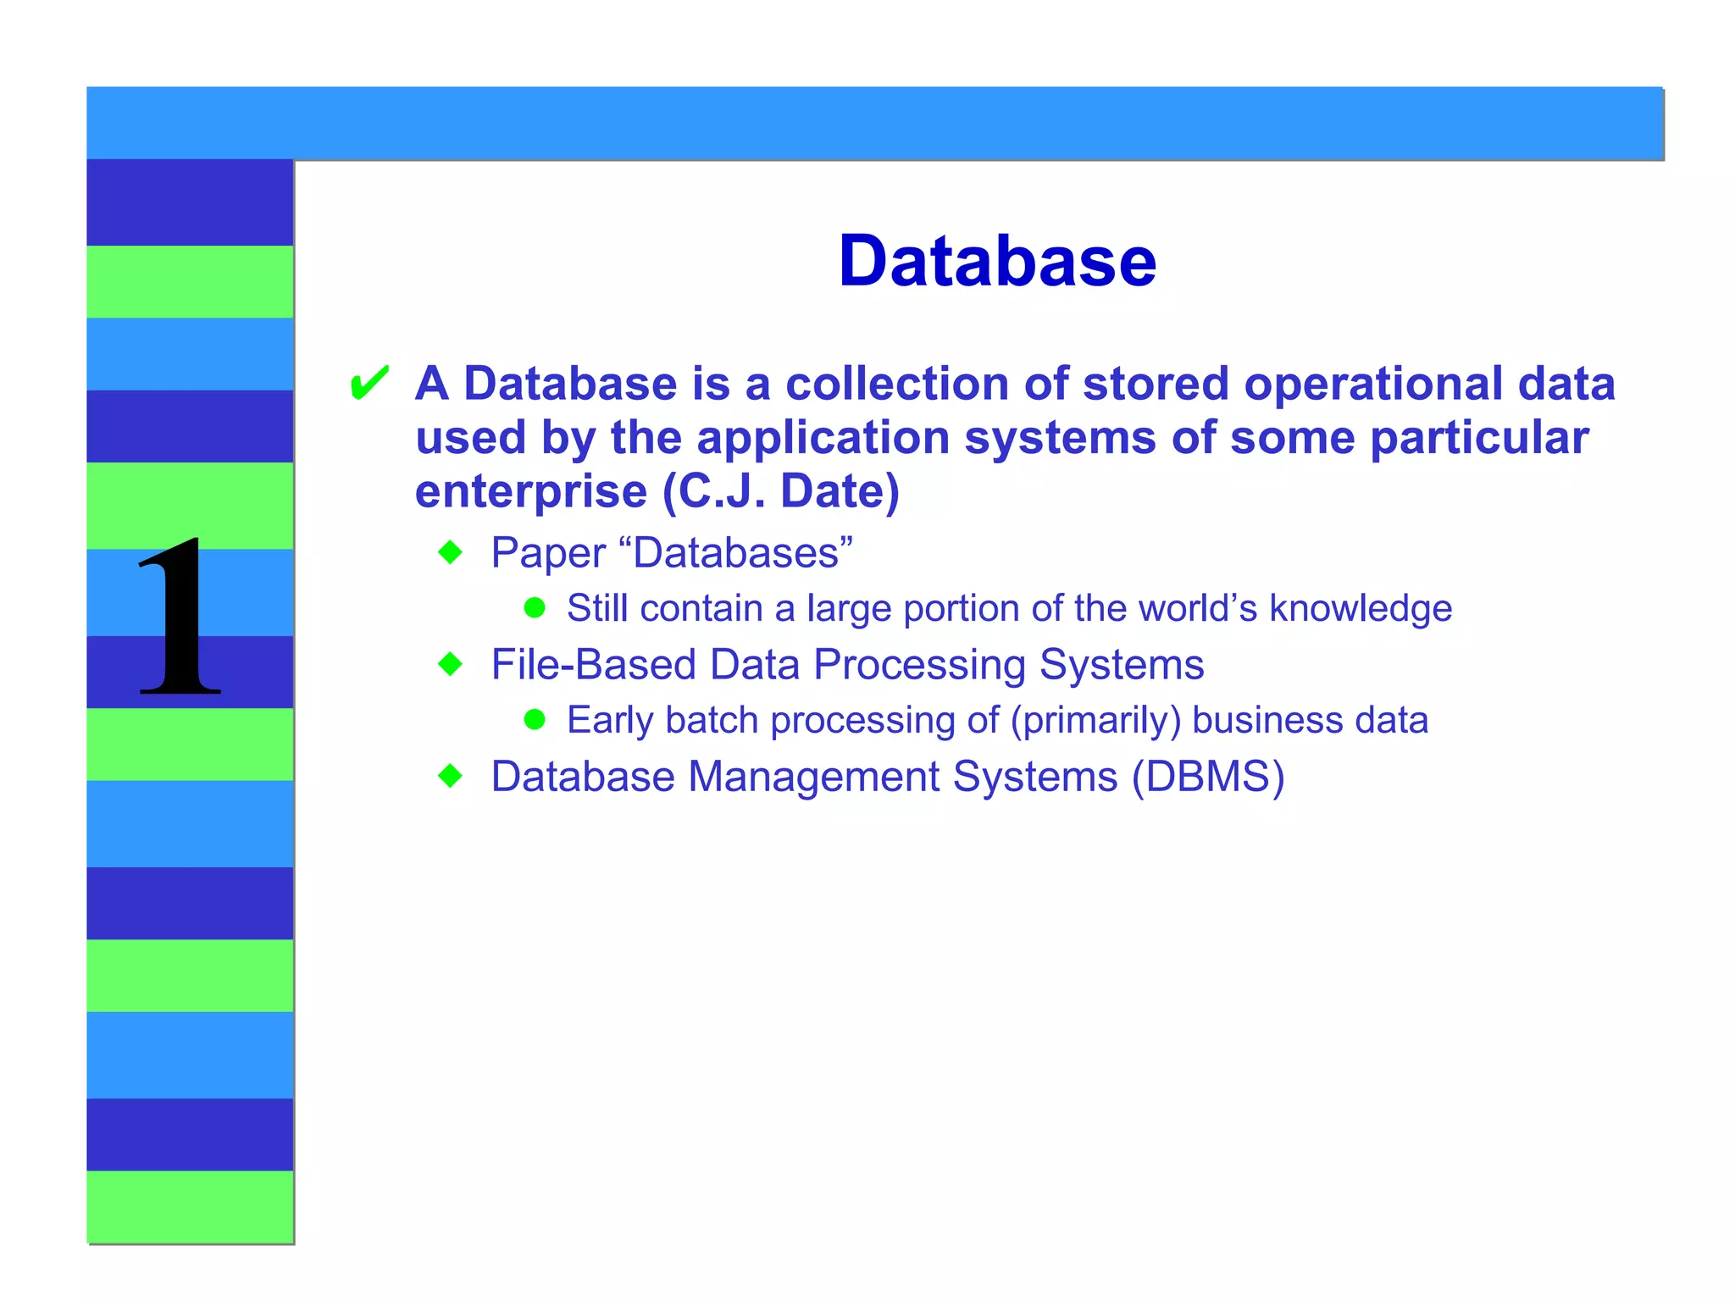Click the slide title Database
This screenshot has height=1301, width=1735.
[x=996, y=261]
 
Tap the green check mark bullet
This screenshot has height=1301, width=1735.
[x=369, y=383]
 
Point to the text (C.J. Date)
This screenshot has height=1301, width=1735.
[x=780, y=491]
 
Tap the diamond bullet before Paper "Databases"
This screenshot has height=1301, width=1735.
[x=451, y=553]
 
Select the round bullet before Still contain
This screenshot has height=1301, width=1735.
[x=535, y=607]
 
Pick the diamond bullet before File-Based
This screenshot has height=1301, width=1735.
[x=451, y=664]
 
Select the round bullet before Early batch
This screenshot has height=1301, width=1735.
[x=535, y=719]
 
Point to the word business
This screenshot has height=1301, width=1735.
[x=1267, y=720]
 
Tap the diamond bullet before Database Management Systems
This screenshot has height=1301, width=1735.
[x=451, y=776]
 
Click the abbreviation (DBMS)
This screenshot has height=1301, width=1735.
[x=1208, y=777]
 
